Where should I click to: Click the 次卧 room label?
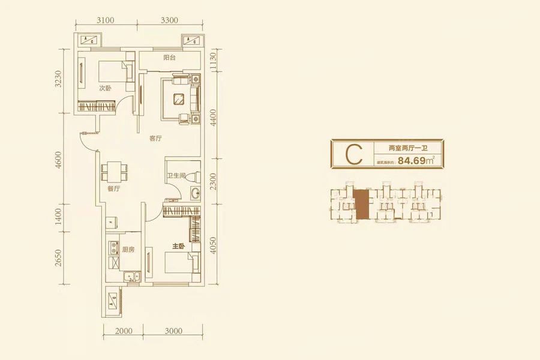106,88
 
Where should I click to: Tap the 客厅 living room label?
156,139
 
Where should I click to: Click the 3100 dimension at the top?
106,19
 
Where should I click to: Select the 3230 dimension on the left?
58,79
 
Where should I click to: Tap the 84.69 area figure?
412,160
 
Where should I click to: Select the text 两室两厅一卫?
407,147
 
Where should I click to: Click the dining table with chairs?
114,172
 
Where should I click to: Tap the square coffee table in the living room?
178,99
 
